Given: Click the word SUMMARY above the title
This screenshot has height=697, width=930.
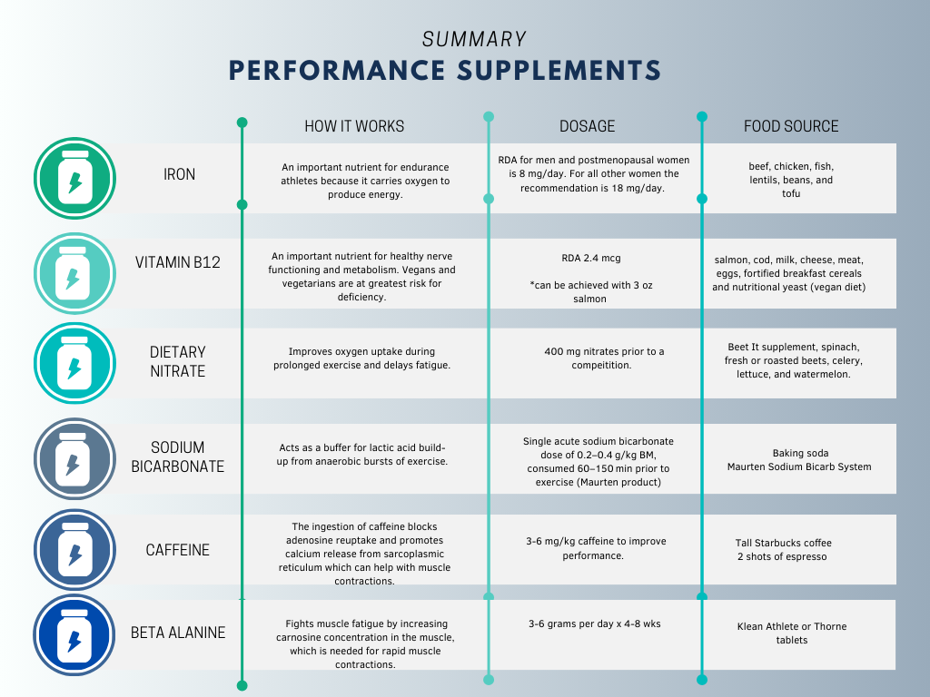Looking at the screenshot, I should click(474, 39).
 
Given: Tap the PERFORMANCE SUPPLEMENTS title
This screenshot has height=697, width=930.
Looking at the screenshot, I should click(444, 71).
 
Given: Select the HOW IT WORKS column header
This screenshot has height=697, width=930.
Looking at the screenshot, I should click(354, 126).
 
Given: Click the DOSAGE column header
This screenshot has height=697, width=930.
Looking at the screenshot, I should click(587, 126).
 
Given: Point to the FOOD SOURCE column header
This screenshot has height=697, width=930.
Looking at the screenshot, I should click(791, 126).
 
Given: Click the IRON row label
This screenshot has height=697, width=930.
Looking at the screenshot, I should click(179, 174).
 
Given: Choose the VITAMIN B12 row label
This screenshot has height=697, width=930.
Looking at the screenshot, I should click(178, 262).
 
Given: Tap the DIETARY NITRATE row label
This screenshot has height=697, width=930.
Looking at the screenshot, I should click(178, 361).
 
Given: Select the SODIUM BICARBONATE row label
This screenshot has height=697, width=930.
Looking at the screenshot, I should click(178, 456).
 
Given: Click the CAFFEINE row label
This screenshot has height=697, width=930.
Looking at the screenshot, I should click(178, 550).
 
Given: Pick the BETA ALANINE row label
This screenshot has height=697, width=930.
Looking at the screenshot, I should click(178, 633).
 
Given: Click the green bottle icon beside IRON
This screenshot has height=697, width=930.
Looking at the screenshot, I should click(74, 179).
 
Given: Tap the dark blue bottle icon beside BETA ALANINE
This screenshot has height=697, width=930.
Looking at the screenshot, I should click(74, 636).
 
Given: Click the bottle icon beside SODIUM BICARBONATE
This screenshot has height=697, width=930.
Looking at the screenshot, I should click(74, 458).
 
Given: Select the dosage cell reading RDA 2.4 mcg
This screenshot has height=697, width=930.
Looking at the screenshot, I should click(591, 278).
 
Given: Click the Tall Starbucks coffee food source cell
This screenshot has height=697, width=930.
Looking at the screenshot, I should click(783, 550).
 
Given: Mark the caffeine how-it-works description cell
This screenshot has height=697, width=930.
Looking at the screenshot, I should click(364, 554).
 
